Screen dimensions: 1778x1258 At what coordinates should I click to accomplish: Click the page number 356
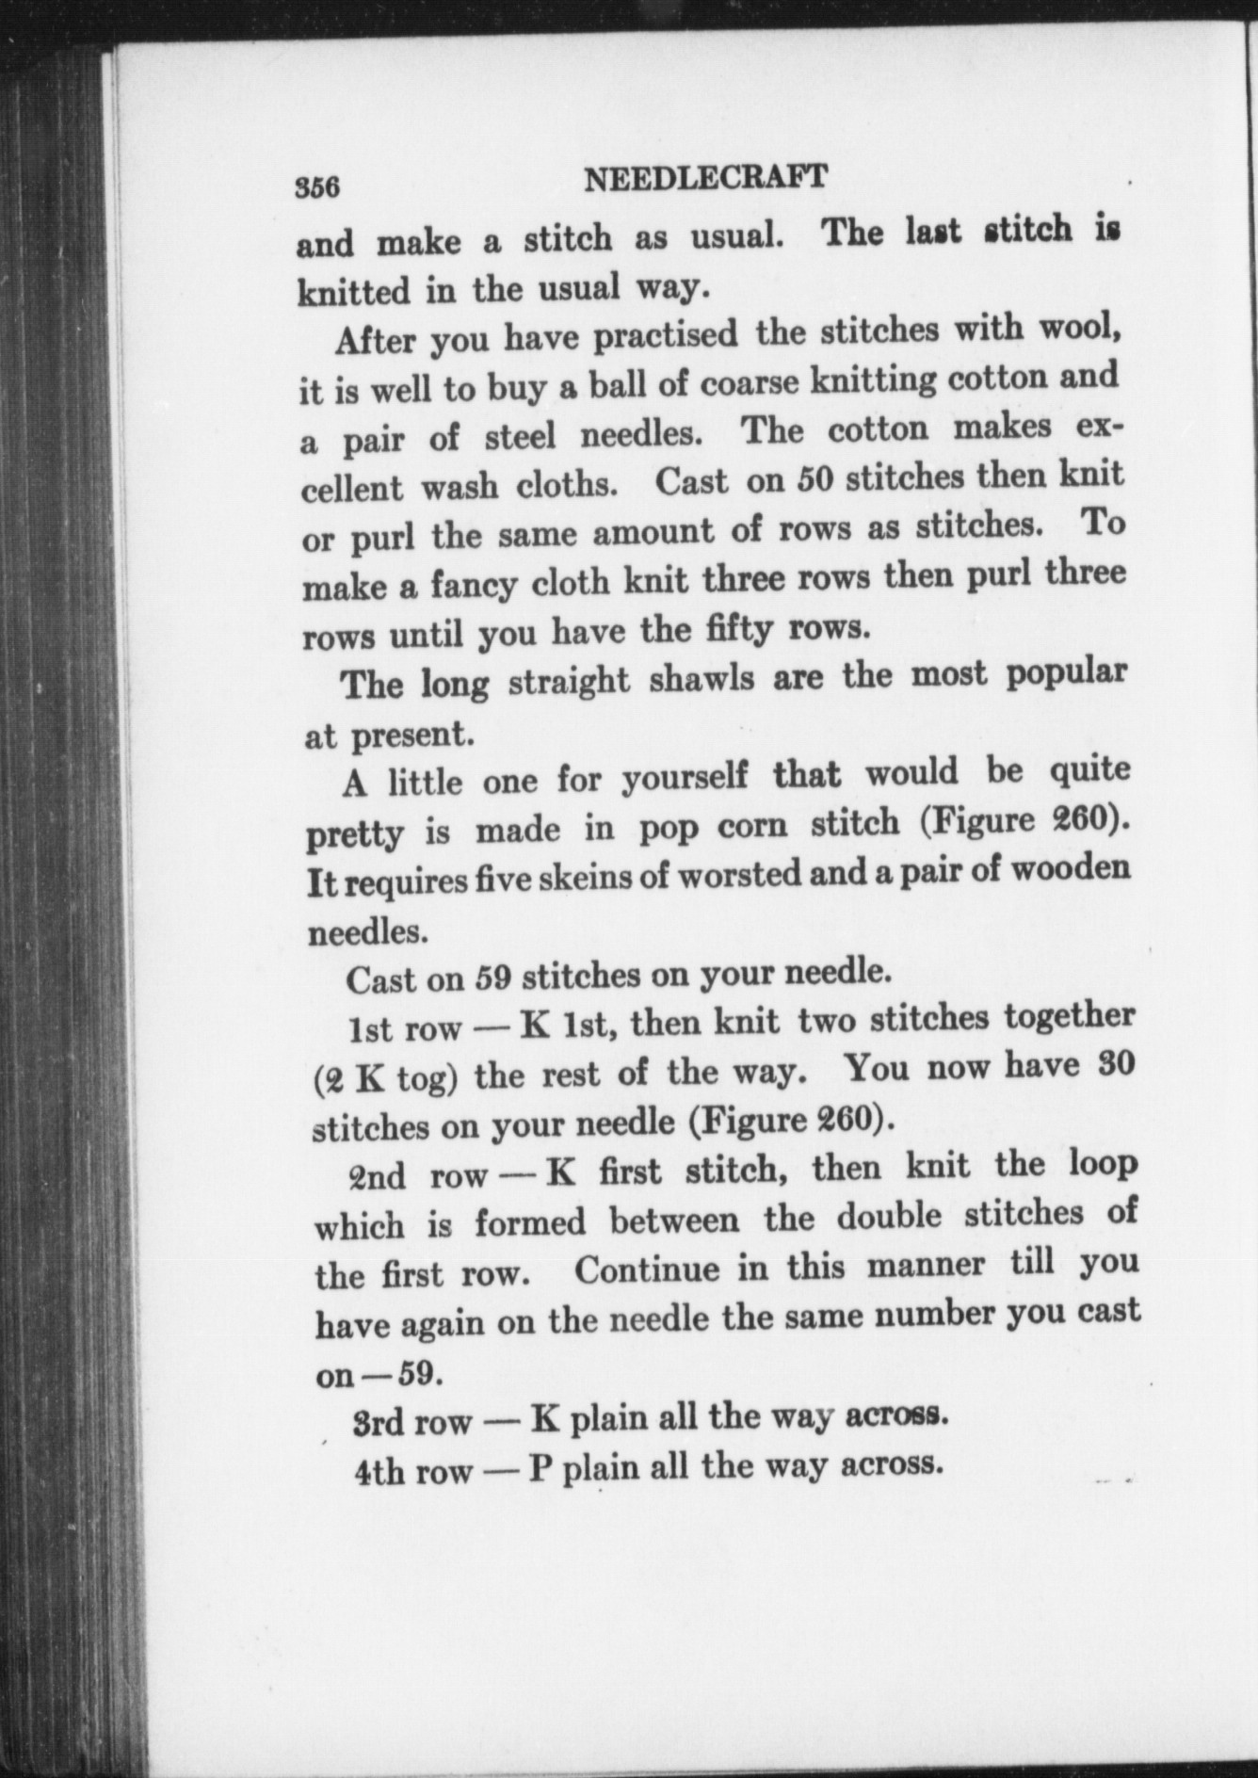coord(316,186)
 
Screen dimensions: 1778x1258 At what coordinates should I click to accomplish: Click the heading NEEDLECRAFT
coord(705,178)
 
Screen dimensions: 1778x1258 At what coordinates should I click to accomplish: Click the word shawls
coord(702,679)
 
